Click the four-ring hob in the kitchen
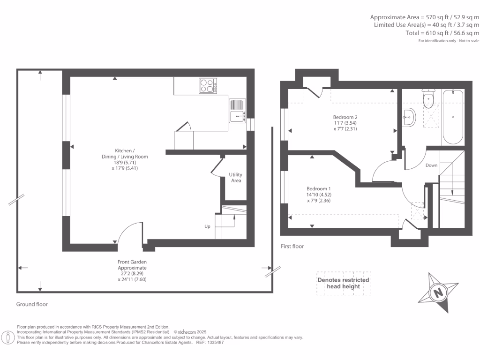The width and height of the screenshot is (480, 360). [208, 86]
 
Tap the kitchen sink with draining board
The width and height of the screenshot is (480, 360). [238, 111]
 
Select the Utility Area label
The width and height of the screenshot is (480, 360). [236, 178]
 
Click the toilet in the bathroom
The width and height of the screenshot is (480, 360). [427, 98]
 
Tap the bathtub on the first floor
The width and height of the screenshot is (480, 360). [453, 117]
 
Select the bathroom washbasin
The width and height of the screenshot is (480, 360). [409, 117]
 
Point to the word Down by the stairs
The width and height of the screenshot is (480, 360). [431, 165]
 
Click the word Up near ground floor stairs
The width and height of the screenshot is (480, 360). [207, 226]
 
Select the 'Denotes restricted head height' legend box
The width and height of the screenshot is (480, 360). [343, 284]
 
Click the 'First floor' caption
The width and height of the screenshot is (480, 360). [292, 246]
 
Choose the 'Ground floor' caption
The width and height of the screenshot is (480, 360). [32, 304]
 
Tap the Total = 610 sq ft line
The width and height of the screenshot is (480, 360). [442, 33]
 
